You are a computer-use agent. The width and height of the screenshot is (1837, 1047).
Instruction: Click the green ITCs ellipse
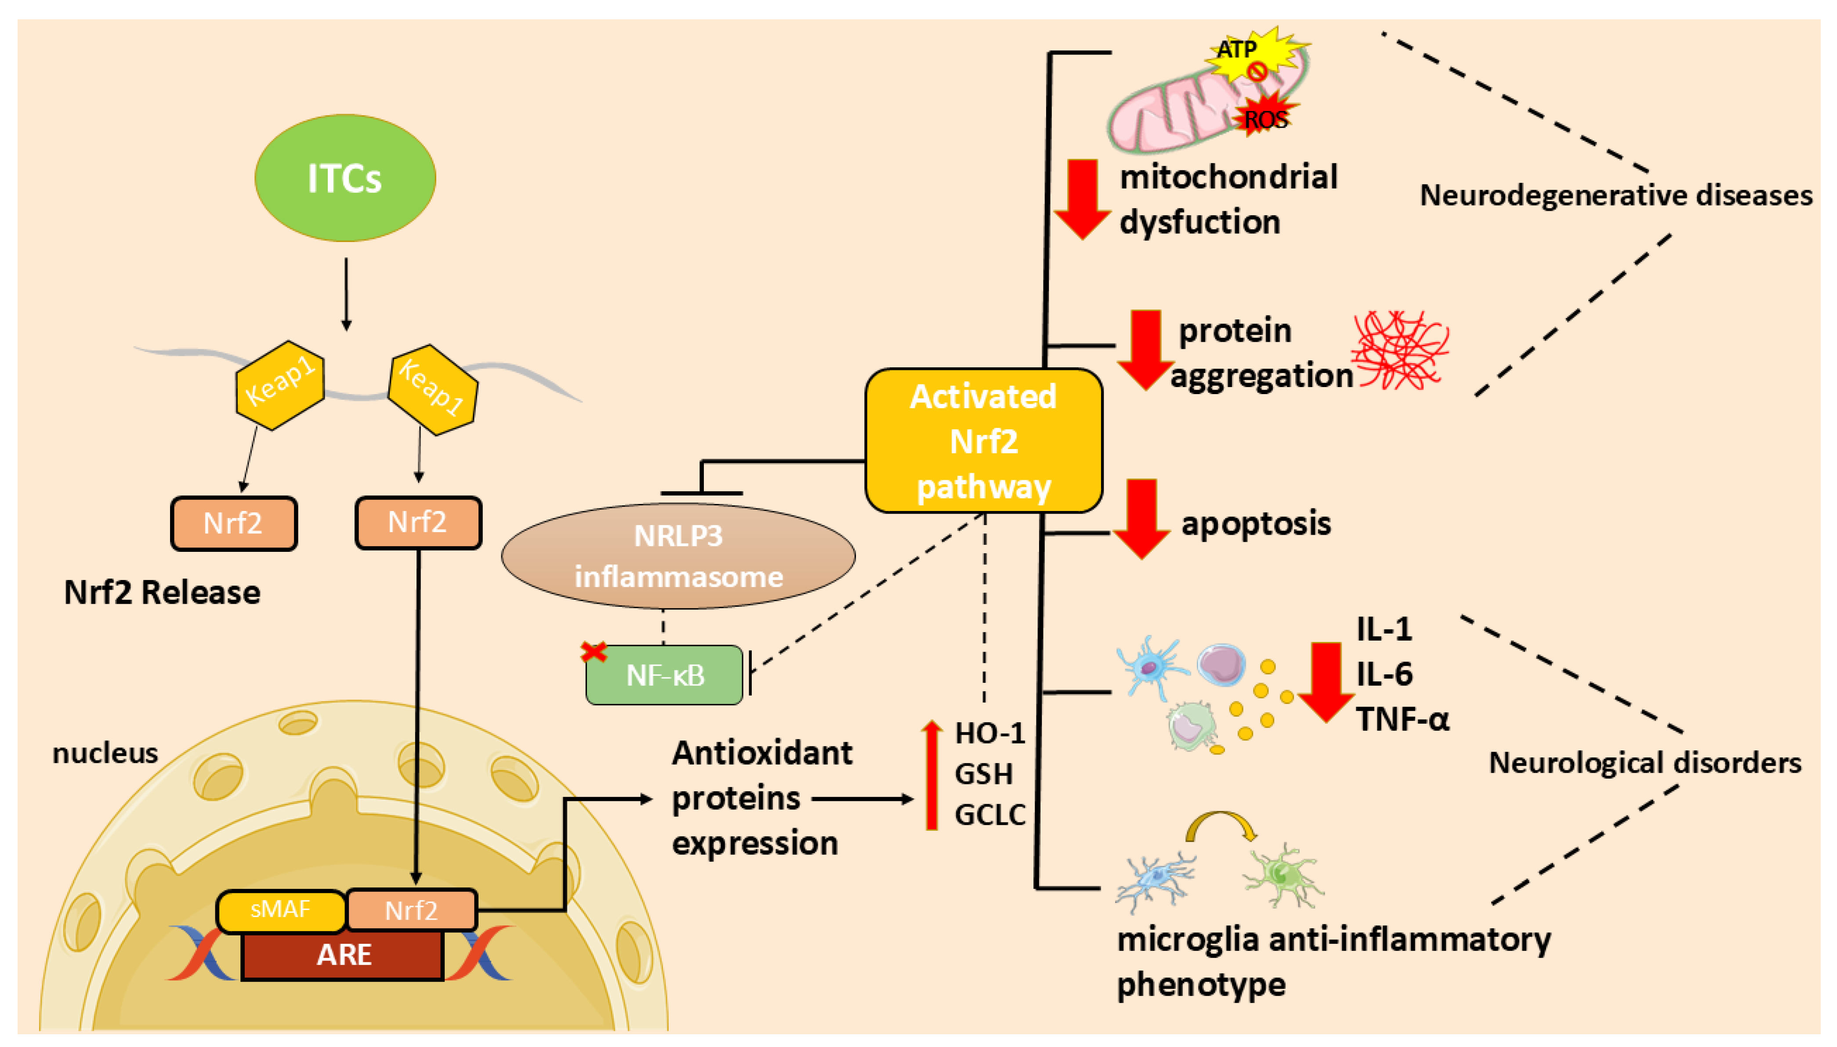pos(345,178)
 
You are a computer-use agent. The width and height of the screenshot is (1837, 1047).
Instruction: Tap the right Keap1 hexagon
pos(432,389)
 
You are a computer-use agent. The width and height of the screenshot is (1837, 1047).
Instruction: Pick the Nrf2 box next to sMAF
pos(411,910)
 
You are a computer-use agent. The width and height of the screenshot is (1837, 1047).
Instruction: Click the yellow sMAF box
pos(280,910)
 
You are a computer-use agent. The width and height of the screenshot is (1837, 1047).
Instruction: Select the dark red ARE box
pos(343,955)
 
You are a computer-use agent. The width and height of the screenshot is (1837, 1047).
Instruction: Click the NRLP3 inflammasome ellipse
pos(678,556)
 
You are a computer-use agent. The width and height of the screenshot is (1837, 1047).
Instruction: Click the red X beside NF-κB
pos(594,652)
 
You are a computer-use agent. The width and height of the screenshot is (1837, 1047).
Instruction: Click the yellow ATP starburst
pos(1255,54)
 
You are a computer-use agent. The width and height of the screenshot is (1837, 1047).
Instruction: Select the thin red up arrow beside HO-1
pos(932,775)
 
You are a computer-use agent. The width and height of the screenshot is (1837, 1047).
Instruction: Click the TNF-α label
pos(1402,719)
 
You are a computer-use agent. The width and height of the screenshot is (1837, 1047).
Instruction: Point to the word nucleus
pos(105,754)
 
